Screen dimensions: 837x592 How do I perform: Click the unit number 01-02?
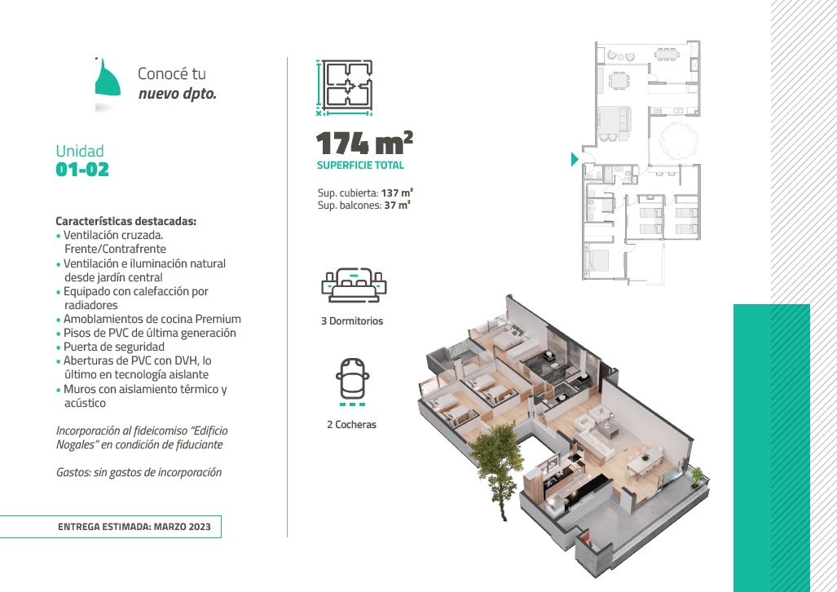click(x=82, y=170)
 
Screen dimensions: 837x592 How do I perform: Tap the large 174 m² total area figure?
click(x=364, y=143)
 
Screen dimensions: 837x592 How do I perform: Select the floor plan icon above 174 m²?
click(x=344, y=87)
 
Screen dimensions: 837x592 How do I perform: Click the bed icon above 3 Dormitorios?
click(x=354, y=285)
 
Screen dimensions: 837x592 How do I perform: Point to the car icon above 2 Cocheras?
click(x=352, y=382)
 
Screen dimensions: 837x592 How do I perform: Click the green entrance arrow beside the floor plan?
click(x=575, y=159)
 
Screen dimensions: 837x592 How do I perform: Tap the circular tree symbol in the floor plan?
click(x=678, y=141)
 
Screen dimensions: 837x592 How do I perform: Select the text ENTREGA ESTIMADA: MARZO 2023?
click(x=134, y=527)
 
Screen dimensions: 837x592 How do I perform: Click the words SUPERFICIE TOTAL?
click(x=360, y=166)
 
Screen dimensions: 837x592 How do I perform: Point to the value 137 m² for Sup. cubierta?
click(x=397, y=192)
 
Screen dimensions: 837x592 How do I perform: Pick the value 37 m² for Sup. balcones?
click(x=397, y=205)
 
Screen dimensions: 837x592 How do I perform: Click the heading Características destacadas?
click(x=126, y=221)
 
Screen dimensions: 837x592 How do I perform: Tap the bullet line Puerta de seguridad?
click(x=114, y=347)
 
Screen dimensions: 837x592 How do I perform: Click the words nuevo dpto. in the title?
click(x=177, y=94)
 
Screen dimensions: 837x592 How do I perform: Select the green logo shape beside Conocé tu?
click(x=108, y=78)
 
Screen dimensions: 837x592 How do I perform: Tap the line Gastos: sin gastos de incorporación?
click(x=139, y=472)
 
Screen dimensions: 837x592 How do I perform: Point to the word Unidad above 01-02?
click(x=80, y=151)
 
